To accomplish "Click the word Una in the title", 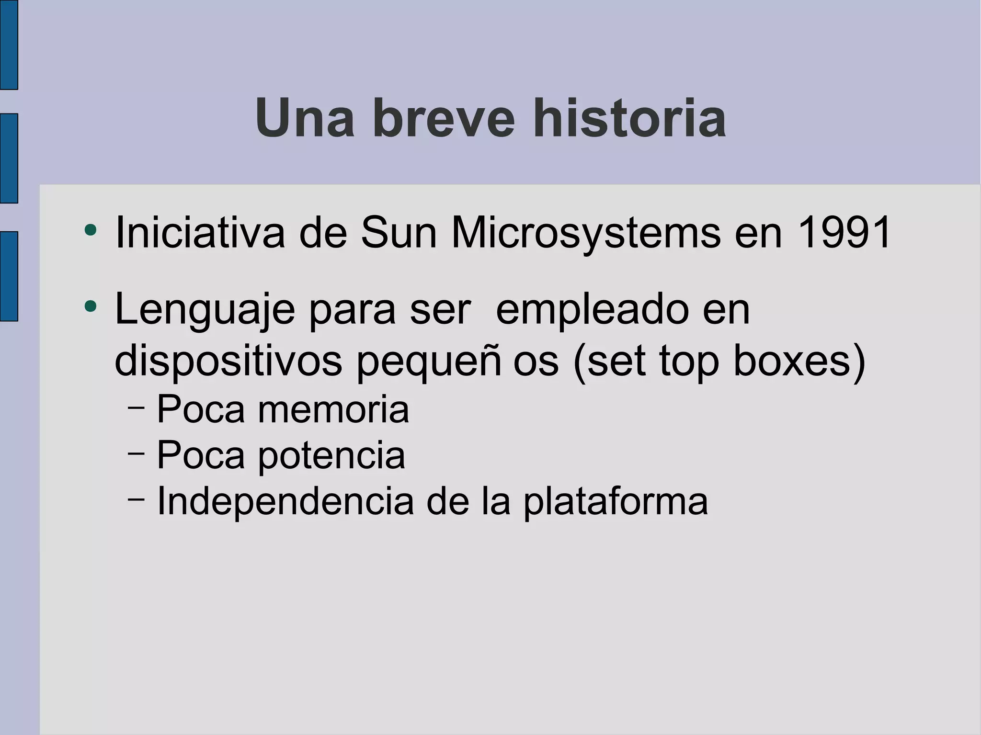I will click(x=304, y=118).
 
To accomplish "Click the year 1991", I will click(x=844, y=233).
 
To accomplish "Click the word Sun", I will click(x=399, y=233).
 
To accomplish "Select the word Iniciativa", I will click(x=200, y=233).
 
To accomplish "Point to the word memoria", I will click(x=333, y=410).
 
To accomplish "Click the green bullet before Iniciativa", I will click(x=90, y=230).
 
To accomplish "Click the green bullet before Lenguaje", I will click(x=90, y=305).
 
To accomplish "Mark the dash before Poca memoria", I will click(x=137, y=407).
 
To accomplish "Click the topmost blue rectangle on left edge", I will click(x=9, y=45).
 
